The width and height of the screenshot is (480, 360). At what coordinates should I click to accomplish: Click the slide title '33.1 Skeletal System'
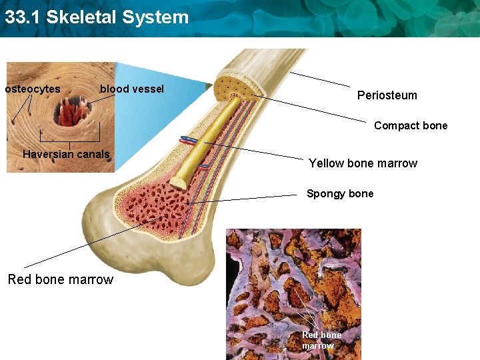97,17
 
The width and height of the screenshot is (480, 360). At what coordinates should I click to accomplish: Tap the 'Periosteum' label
387,95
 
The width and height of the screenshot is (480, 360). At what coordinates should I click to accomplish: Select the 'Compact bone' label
411,125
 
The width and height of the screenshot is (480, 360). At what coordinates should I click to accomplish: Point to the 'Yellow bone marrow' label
363,163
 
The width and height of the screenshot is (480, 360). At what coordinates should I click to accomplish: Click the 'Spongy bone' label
340,194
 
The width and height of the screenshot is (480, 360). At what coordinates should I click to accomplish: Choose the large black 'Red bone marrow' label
61,279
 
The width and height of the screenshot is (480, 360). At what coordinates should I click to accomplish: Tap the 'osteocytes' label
33,89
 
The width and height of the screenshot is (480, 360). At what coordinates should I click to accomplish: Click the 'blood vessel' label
131,89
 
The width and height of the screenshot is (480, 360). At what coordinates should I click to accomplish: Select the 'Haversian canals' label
66,155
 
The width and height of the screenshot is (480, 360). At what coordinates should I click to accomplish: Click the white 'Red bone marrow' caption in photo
321,340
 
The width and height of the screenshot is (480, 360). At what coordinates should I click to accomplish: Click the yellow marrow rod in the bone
207,140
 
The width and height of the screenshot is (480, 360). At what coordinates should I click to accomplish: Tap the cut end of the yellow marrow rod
179,182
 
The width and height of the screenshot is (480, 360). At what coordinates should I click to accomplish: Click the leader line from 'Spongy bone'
247,198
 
